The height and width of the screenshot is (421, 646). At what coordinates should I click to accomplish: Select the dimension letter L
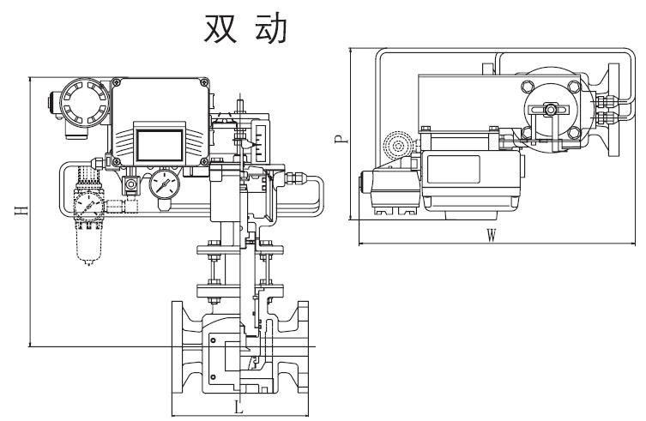[239, 408]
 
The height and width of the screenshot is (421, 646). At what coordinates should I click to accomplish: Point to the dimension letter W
[490, 238]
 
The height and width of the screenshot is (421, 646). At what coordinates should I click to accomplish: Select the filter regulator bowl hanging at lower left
[86, 244]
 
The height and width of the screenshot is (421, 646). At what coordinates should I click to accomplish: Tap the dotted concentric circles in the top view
[397, 144]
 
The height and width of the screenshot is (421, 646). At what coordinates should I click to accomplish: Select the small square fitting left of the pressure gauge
[132, 184]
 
